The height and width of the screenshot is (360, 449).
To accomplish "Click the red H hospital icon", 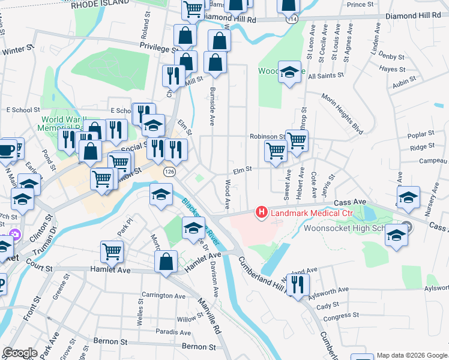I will coord(262,212).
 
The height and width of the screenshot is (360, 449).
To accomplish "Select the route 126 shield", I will coord(170,172).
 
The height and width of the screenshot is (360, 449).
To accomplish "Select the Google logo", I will coord(20,353).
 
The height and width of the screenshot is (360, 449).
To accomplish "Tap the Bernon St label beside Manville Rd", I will coord(198,347).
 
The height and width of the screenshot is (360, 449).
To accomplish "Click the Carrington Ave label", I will coord(163,296).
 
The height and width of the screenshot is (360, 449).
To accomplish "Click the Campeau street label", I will coord(433,161).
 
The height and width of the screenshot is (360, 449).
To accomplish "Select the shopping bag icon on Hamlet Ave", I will coord(166,261).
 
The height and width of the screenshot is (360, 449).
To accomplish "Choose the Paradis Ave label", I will coord(173,331).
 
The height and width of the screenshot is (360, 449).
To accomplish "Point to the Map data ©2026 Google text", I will coord(411,355).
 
